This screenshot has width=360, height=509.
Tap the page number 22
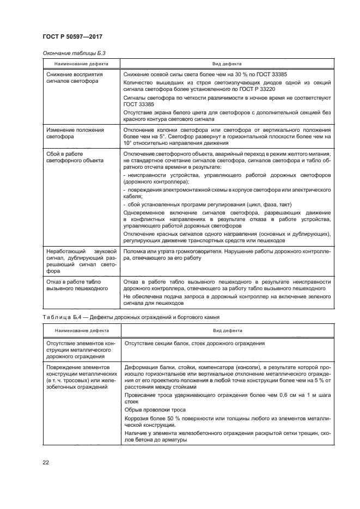click(46, 463)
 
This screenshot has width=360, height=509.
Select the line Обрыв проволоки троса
click(155, 409)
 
